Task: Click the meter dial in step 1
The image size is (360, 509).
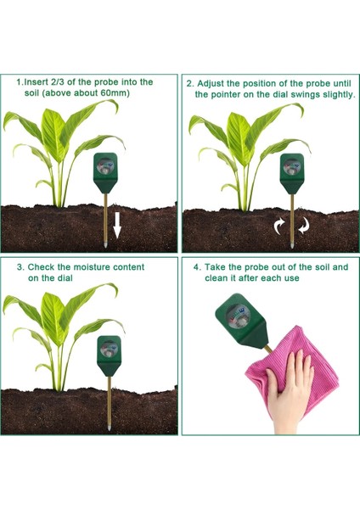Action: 108,166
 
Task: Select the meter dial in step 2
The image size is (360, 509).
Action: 290,167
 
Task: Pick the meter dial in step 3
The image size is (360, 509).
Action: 109,349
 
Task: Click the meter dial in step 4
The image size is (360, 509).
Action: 237,310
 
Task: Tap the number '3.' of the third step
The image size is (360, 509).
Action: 20,266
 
